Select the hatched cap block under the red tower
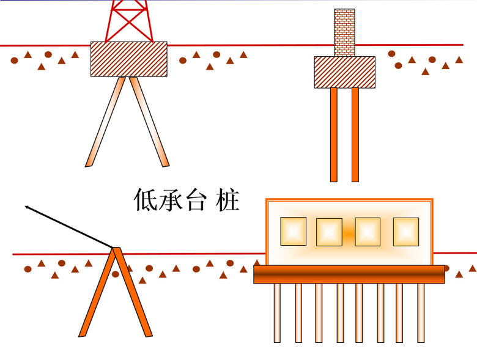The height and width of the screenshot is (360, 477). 128,59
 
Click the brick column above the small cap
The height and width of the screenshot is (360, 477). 344,32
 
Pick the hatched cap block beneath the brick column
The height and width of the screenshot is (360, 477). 344,72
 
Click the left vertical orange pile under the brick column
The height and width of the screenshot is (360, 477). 334,134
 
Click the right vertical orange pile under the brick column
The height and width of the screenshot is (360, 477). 355,134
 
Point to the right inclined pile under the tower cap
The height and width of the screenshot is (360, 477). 149,122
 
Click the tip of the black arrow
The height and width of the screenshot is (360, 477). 26,207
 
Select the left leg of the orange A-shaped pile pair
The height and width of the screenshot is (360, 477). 97,293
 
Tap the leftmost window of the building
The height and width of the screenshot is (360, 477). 293,231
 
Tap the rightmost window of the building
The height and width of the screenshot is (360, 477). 405,231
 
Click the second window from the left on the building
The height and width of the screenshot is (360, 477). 329,232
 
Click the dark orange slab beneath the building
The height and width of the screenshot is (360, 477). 349,274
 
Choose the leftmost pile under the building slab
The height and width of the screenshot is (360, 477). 277,312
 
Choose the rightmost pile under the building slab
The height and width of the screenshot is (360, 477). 421,312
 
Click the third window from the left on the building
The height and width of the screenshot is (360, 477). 368,232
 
